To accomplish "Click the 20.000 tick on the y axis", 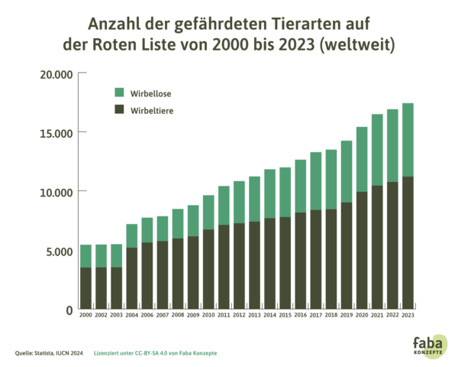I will click(57, 74).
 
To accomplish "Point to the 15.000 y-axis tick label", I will click(57, 133).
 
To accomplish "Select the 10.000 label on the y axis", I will click(57, 192).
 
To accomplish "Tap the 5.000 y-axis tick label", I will click(60, 251).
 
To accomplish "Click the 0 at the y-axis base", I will click(69, 310).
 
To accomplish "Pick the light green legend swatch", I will click(119, 93).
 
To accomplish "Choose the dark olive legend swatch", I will click(119, 109).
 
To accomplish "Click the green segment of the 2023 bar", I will click(408, 139).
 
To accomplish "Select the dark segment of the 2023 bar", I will click(408, 241).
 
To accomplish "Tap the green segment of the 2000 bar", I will click(86, 255).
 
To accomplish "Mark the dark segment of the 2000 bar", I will click(86, 287).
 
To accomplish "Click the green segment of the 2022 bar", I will click(392, 145).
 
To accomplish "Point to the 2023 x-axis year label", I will click(408, 314).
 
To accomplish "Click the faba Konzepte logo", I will click(431, 345).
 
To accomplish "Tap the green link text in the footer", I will click(156, 353).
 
